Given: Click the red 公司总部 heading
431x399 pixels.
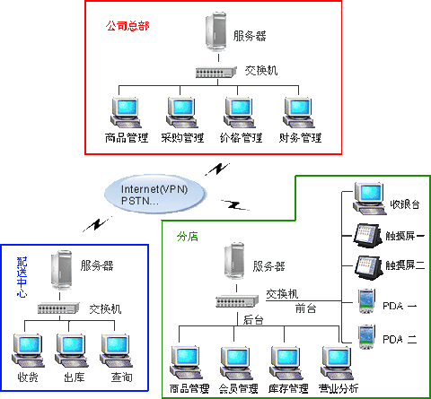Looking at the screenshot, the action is (x=128, y=26).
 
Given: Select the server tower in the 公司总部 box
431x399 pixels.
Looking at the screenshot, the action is (x=215, y=32).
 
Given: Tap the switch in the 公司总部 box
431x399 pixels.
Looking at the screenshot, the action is (x=216, y=72).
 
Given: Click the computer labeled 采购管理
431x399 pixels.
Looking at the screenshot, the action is (x=181, y=112).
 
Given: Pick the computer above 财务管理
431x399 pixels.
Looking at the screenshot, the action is (x=298, y=112).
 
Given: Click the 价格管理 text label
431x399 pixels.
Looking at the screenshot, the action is (x=242, y=138).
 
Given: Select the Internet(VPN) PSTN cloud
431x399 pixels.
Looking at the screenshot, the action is (x=155, y=195).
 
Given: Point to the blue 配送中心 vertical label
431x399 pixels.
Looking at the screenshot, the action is (x=22, y=277).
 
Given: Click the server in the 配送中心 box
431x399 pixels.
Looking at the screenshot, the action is (x=61, y=270).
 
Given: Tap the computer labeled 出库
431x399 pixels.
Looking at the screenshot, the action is (x=71, y=351).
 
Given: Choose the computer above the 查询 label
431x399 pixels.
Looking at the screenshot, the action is (x=116, y=351).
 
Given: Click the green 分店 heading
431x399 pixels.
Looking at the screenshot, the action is (x=188, y=237).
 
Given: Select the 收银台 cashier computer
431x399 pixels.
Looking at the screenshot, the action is (x=369, y=198).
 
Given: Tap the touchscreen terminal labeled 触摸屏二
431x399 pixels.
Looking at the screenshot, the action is (x=369, y=268).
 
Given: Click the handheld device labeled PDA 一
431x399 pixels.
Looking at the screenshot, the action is (x=366, y=301).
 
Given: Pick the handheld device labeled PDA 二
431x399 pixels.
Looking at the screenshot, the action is (x=366, y=337).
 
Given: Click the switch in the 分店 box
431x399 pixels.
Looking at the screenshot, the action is (x=237, y=300).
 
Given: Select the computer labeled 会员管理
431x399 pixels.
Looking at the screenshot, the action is (x=235, y=363).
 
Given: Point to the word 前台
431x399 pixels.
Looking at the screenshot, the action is (x=305, y=308).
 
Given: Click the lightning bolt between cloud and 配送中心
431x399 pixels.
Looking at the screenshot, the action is (x=98, y=224).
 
